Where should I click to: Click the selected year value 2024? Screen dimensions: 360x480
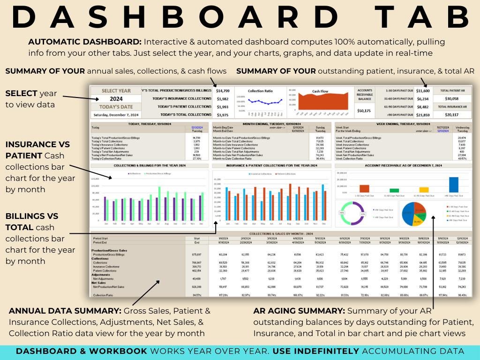point(116,99)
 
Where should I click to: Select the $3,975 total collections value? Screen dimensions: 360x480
point(223,114)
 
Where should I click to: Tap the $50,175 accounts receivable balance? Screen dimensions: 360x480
point(364,111)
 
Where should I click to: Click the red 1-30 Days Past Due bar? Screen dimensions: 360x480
point(364,188)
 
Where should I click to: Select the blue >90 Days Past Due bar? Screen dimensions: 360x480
point(453,185)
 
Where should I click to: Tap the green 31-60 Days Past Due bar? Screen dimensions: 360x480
point(394,190)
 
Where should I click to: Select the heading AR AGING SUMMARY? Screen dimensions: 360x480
point(299,311)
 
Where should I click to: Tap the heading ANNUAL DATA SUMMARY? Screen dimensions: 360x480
point(65,311)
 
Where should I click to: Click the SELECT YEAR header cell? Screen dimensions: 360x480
point(116,90)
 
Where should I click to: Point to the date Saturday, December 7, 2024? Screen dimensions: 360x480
point(116,114)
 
